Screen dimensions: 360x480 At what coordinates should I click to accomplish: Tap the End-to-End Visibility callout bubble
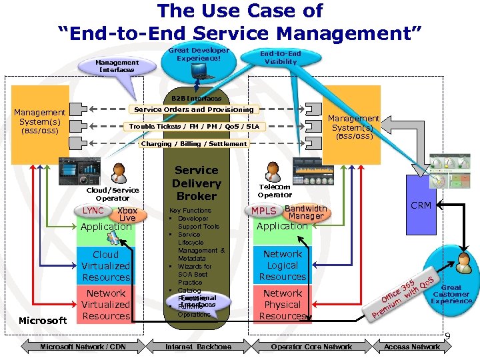(x=280, y=58)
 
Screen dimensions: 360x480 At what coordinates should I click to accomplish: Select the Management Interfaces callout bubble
(x=117, y=65)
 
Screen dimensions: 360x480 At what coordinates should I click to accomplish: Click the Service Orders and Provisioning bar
(x=194, y=109)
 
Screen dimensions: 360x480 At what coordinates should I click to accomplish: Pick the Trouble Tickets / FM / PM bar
(x=194, y=127)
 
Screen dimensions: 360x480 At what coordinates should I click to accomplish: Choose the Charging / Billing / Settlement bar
(x=193, y=143)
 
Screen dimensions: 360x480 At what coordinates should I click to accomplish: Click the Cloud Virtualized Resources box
(x=106, y=266)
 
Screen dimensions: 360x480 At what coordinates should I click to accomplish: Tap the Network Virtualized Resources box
(x=106, y=305)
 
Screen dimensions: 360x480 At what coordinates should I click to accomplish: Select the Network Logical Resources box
(x=283, y=265)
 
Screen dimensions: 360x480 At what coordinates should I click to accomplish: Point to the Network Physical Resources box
(x=283, y=305)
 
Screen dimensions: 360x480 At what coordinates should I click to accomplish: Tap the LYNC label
(x=93, y=211)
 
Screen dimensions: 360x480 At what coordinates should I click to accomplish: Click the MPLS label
(x=264, y=211)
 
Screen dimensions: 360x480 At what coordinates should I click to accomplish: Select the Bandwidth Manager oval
(x=306, y=212)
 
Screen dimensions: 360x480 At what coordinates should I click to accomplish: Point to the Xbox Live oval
(x=127, y=214)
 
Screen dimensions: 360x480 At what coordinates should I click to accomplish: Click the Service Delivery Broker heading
(x=196, y=183)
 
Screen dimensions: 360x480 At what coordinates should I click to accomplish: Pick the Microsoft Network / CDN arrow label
(x=83, y=347)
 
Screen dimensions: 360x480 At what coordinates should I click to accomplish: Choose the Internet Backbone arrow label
(x=198, y=347)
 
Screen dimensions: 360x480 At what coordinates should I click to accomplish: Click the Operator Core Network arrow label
(x=311, y=347)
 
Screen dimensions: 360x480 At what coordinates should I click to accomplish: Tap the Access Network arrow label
(x=411, y=347)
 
